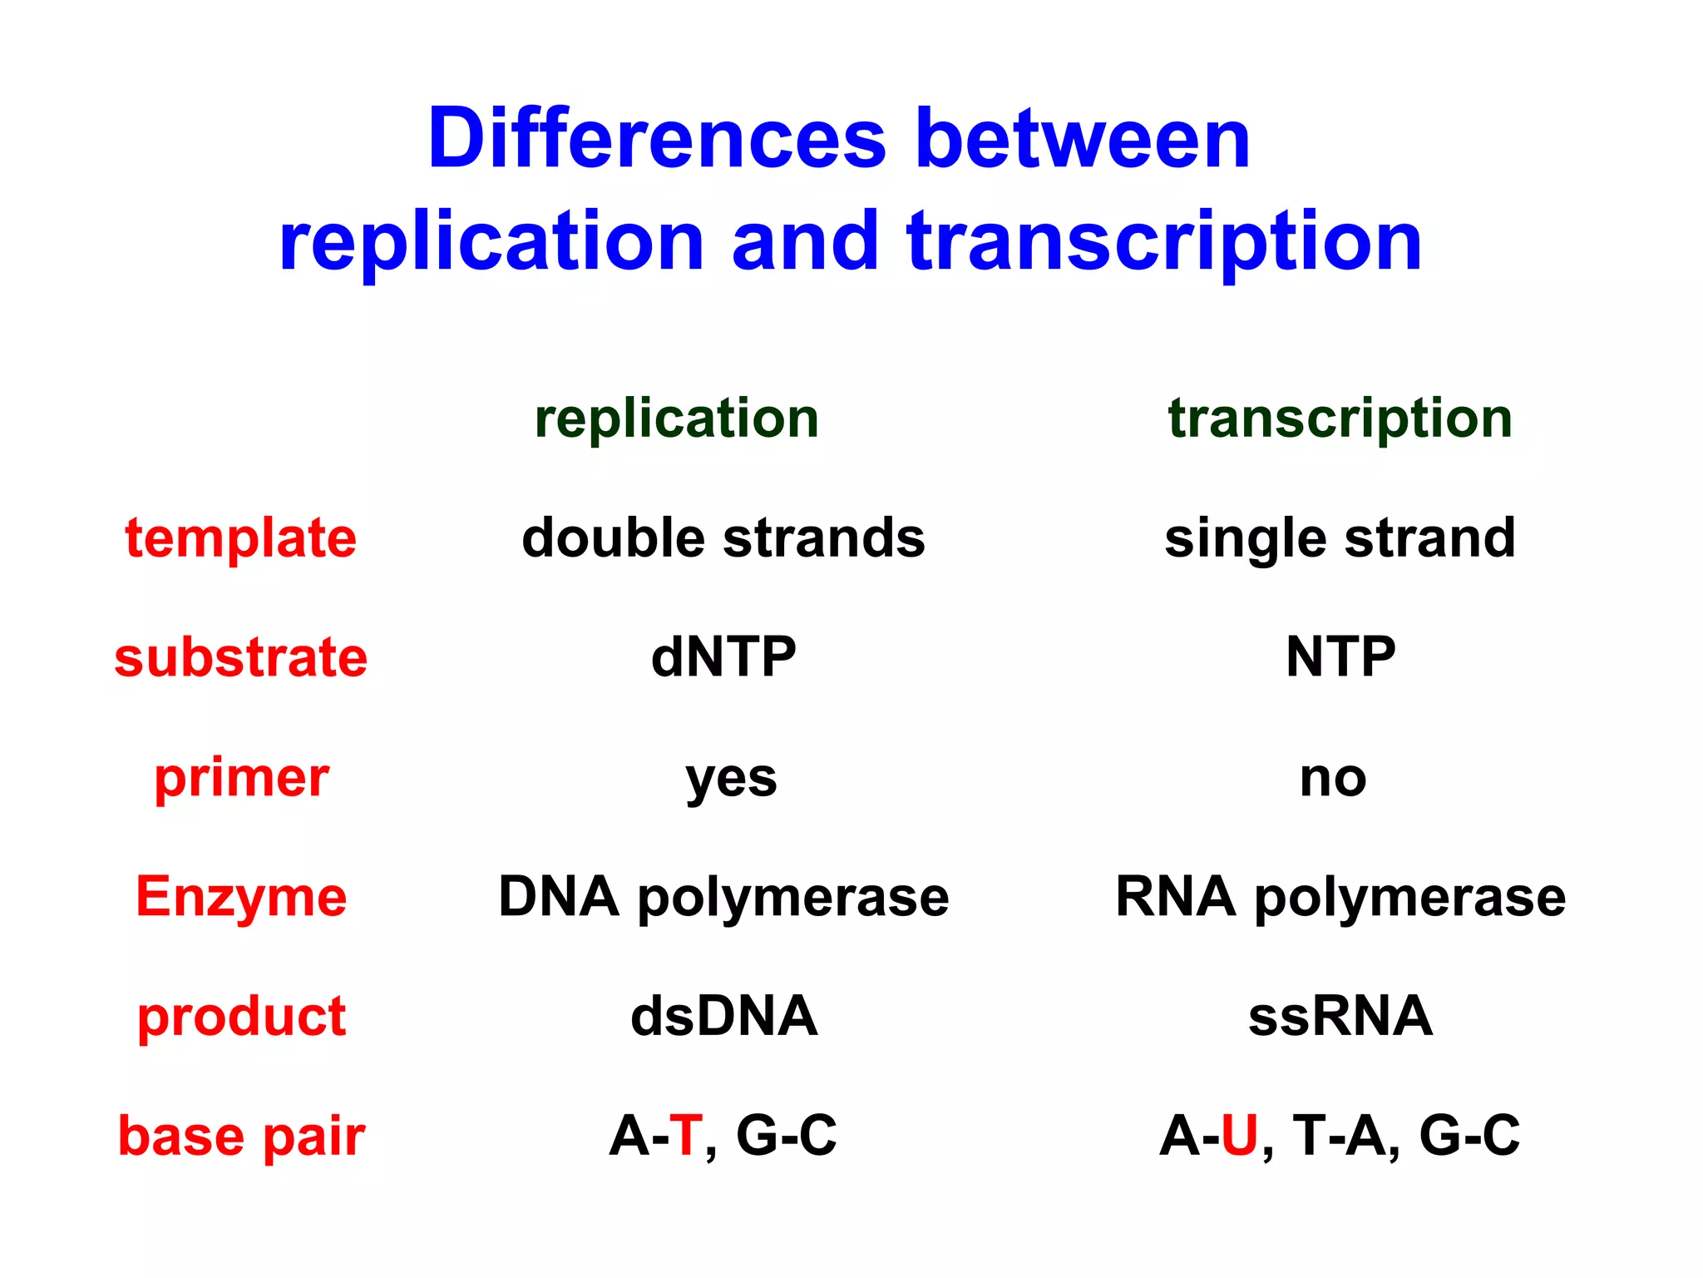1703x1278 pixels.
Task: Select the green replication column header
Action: [x=676, y=418]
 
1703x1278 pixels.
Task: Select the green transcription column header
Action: [x=1340, y=418]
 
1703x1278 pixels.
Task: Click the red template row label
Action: [x=241, y=538]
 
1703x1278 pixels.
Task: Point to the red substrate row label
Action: [x=241, y=657]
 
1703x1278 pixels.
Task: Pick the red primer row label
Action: [x=241, y=778]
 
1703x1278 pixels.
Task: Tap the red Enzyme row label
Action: [x=241, y=897]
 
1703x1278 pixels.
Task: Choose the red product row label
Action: [x=241, y=1017]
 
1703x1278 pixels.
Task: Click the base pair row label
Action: [x=241, y=1137]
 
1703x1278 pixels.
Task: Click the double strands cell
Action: [x=723, y=537]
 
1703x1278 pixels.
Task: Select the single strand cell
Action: [x=1340, y=537]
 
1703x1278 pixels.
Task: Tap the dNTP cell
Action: [x=723, y=657]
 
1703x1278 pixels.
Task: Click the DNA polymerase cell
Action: [x=723, y=897]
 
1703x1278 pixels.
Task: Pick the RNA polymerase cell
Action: [x=1340, y=897]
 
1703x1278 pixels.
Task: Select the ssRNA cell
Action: [x=1340, y=1017]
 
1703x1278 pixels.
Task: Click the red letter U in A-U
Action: [x=1239, y=1136]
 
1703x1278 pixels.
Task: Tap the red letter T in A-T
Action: [x=686, y=1136]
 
